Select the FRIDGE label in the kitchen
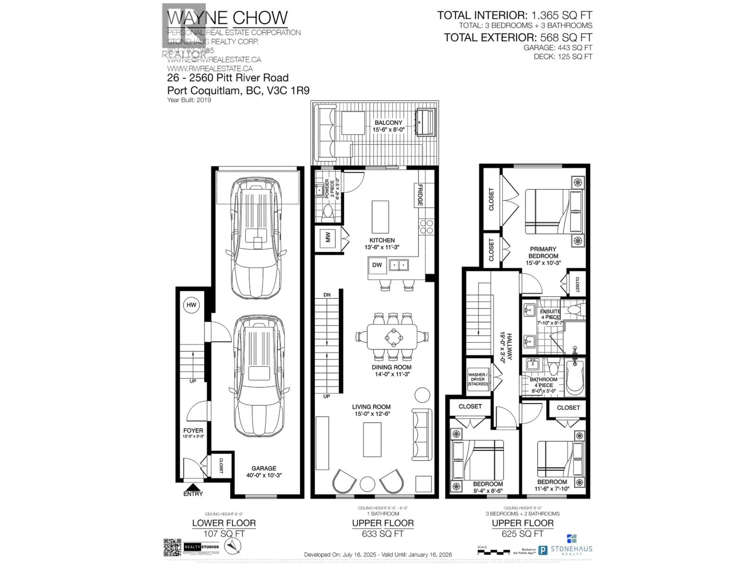pyautogui.click(x=420, y=195)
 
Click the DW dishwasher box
pyautogui.click(x=377, y=265)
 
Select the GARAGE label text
pyautogui.click(x=264, y=468)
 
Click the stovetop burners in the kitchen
pyautogui.click(x=426, y=227)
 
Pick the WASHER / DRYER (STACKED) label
pyautogui.click(x=477, y=379)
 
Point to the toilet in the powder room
pyautogui.click(x=327, y=212)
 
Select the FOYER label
pyautogui.click(x=193, y=431)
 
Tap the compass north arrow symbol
pyautogui.click(x=232, y=546)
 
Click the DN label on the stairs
pyautogui.click(x=327, y=295)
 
